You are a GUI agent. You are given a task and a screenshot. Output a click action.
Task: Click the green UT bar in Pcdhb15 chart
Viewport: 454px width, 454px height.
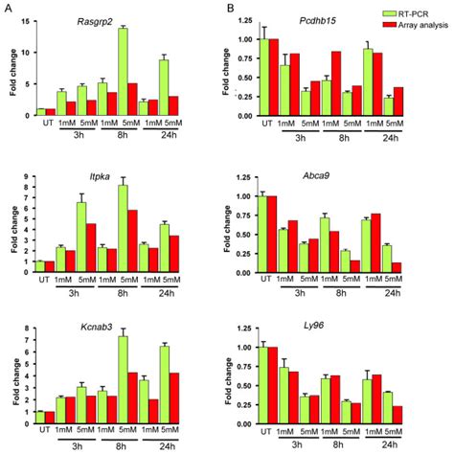pyautogui.click(x=263, y=73)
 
